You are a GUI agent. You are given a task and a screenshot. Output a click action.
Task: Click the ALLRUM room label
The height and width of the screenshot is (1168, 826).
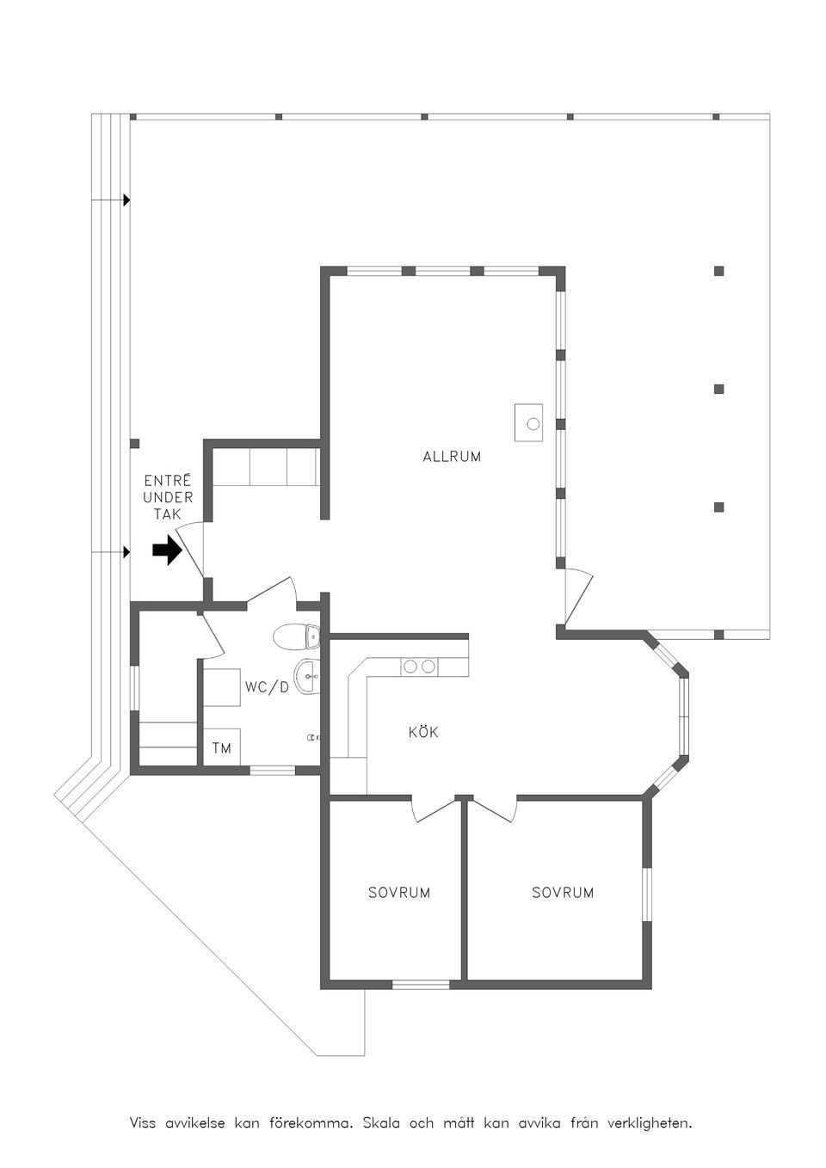tap(452, 457)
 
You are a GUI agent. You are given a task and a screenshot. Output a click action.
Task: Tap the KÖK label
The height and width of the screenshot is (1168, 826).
tap(423, 732)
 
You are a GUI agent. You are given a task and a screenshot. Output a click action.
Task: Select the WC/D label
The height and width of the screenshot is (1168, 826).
tap(267, 687)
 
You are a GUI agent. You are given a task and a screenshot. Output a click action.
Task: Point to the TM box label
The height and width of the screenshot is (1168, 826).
tap(222, 749)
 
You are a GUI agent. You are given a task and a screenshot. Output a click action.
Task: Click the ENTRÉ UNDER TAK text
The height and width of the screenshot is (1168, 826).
tap(168, 496)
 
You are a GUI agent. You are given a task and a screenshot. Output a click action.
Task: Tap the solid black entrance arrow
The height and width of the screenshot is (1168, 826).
tap(166, 551)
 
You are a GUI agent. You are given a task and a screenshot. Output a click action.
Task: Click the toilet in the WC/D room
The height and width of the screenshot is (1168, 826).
tap(297, 636)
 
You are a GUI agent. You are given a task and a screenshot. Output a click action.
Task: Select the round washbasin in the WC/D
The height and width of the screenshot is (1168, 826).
tap(307, 676)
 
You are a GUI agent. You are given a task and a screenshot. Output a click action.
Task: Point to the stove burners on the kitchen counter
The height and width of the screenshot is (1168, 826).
tap(419, 667)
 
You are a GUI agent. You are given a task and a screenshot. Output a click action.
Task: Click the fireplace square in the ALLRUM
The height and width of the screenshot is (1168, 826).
tap(528, 422)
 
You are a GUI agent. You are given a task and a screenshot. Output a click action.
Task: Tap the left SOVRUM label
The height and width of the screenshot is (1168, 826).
tap(399, 893)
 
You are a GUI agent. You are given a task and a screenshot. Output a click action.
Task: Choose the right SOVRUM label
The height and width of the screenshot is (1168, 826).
tap(563, 893)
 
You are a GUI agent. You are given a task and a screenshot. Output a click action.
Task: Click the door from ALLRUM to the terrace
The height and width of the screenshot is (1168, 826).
tap(579, 598)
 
